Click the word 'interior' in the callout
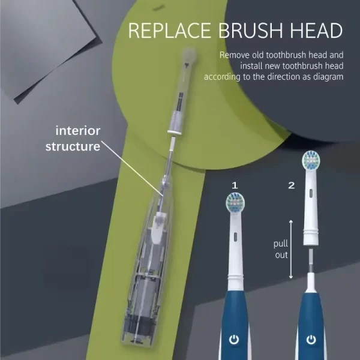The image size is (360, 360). (x=78, y=130)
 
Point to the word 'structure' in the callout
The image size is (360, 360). (x=73, y=146)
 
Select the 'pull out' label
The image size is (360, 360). (x=281, y=250)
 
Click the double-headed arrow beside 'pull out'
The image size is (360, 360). (x=291, y=250)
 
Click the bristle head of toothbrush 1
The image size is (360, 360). (x=234, y=203)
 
